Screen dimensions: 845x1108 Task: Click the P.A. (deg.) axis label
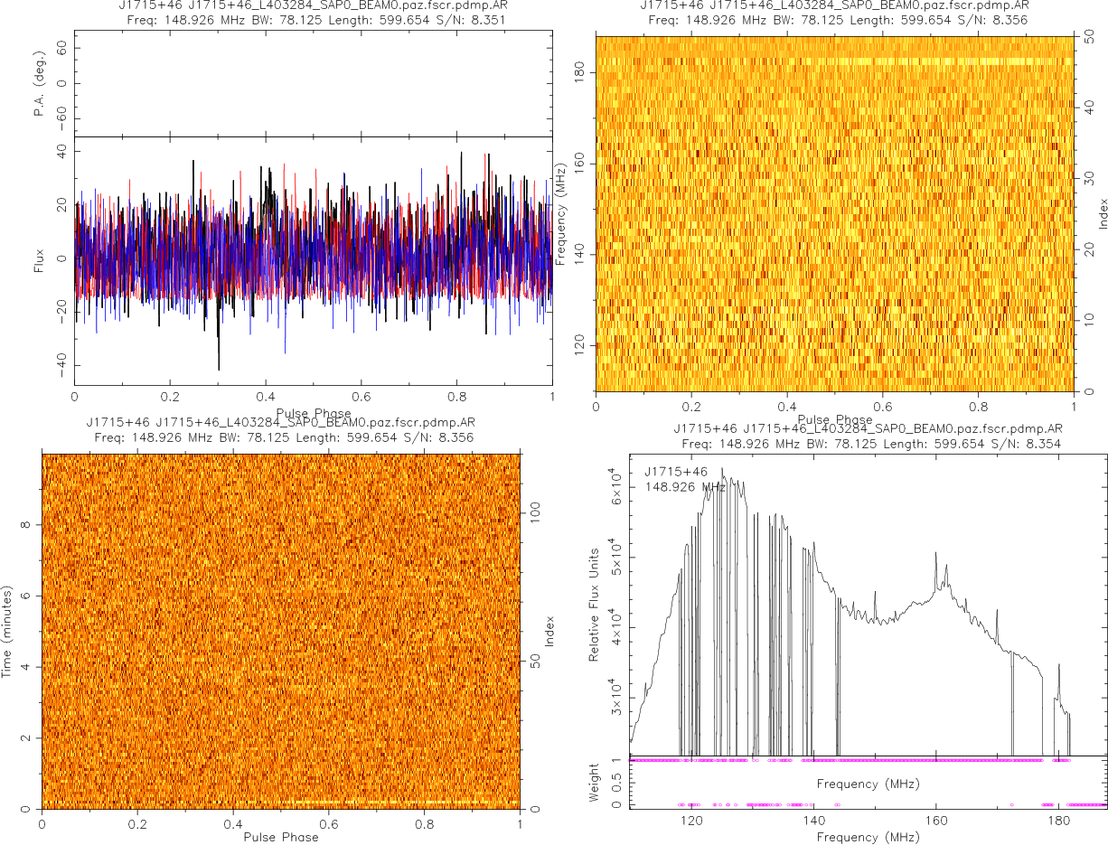(39, 84)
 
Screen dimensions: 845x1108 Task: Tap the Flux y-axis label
(39, 259)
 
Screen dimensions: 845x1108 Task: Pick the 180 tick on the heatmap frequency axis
(581, 73)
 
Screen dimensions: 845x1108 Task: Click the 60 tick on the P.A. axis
(62, 50)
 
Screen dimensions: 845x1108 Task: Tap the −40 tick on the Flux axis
(61, 366)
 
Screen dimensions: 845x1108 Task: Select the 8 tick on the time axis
(29, 525)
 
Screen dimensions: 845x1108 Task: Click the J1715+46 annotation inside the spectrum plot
(676, 472)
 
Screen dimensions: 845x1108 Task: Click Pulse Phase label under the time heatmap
(281, 837)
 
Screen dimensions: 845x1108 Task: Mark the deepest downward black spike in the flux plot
(219, 368)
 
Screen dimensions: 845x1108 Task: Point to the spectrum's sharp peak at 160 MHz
(936, 553)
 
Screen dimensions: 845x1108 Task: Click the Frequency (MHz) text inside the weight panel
(868, 784)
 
